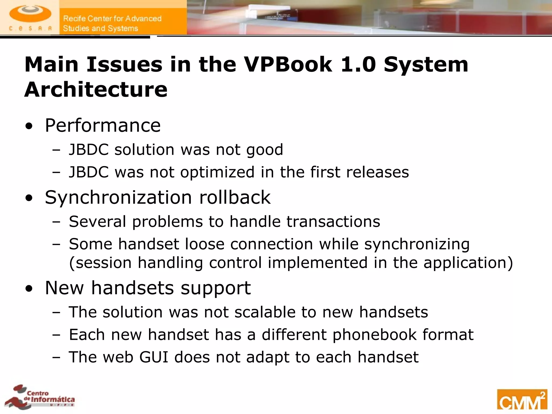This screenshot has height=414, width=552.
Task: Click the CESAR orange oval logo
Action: pos(30,14)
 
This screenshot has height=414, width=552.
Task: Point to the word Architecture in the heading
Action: pos(96,89)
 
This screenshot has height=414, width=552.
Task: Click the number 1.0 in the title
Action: pos(358,65)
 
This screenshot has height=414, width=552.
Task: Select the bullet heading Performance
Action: pos(103,126)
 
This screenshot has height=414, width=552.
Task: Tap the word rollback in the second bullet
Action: pos(235,197)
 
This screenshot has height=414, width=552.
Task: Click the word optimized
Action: pos(217,172)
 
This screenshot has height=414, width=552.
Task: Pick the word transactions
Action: pos(333,222)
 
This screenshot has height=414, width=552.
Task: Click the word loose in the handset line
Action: pos(205,244)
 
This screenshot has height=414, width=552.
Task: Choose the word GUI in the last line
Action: pos(154,357)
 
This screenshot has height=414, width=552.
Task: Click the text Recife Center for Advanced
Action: pos(112,19)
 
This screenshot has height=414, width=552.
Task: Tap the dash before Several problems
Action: pos(57,222)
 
